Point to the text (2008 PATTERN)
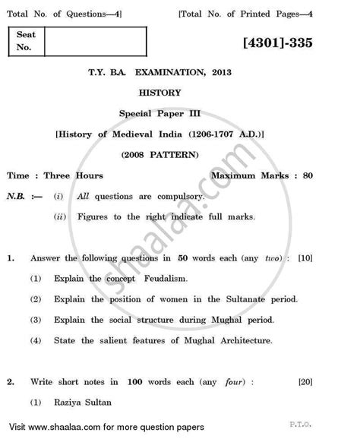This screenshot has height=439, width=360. (x=180, y=155)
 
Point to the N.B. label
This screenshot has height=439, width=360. (x=20, y=196)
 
